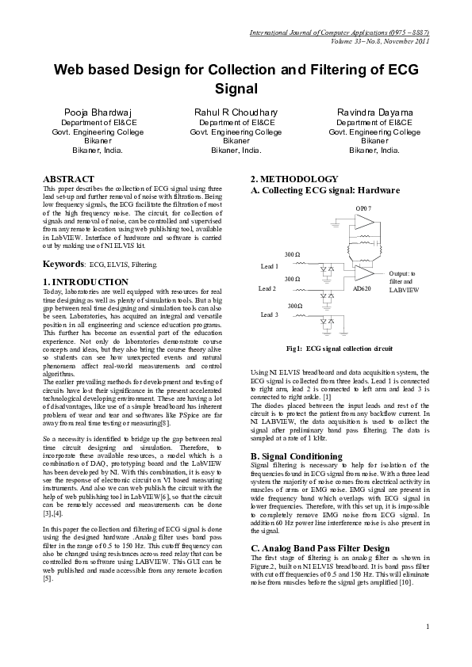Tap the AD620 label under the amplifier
[x=361, y=289]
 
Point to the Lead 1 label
[x=269, y=267]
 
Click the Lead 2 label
[x=267, y=289]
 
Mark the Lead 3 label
[x=269, y=314]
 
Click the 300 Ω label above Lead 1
[x=292, y=254]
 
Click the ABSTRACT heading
[x=68, y=179]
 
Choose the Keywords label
[x=63, y=263]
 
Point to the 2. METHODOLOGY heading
[x=294, y=179]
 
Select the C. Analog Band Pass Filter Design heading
[x=320, y=548]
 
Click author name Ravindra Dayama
[x=374, y=112]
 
